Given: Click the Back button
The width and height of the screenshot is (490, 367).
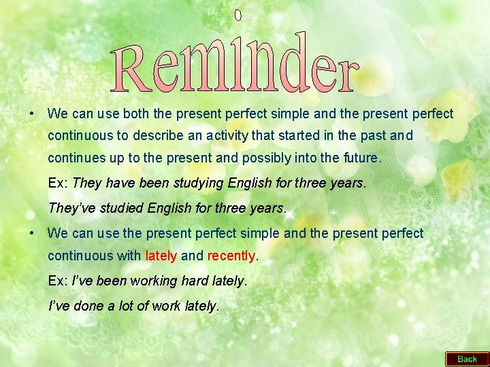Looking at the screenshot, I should coord(467,359).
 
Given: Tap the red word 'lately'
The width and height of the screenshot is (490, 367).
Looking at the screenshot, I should coord(161,256).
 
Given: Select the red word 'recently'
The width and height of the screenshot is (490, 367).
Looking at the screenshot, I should coord(231,256).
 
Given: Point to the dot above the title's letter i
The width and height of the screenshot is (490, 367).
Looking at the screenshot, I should coord(238,14).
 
